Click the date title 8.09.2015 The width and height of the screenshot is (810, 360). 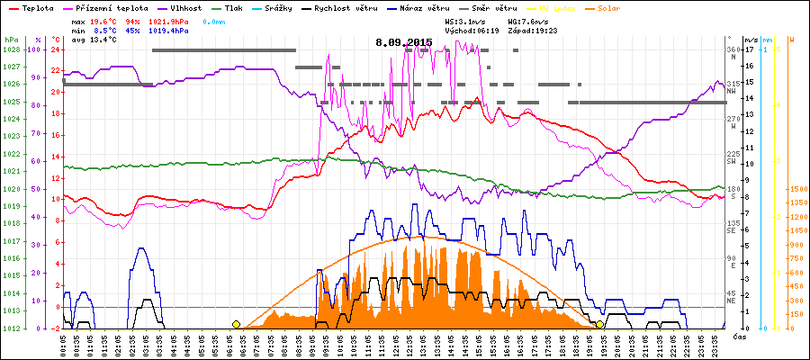tap(404, 42)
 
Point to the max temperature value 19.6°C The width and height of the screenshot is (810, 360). tap(104, 20)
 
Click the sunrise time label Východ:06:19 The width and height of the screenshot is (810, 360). tap(475, 30)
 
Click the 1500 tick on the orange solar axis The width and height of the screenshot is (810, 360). tap(796, 189)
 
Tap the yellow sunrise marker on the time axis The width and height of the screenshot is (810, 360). tap(236, 324)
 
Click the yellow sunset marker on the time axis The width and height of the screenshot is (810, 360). tap(600, 324)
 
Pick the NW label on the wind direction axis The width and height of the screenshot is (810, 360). tap(733, 91)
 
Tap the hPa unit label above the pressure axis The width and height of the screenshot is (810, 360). tap(11, 40)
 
